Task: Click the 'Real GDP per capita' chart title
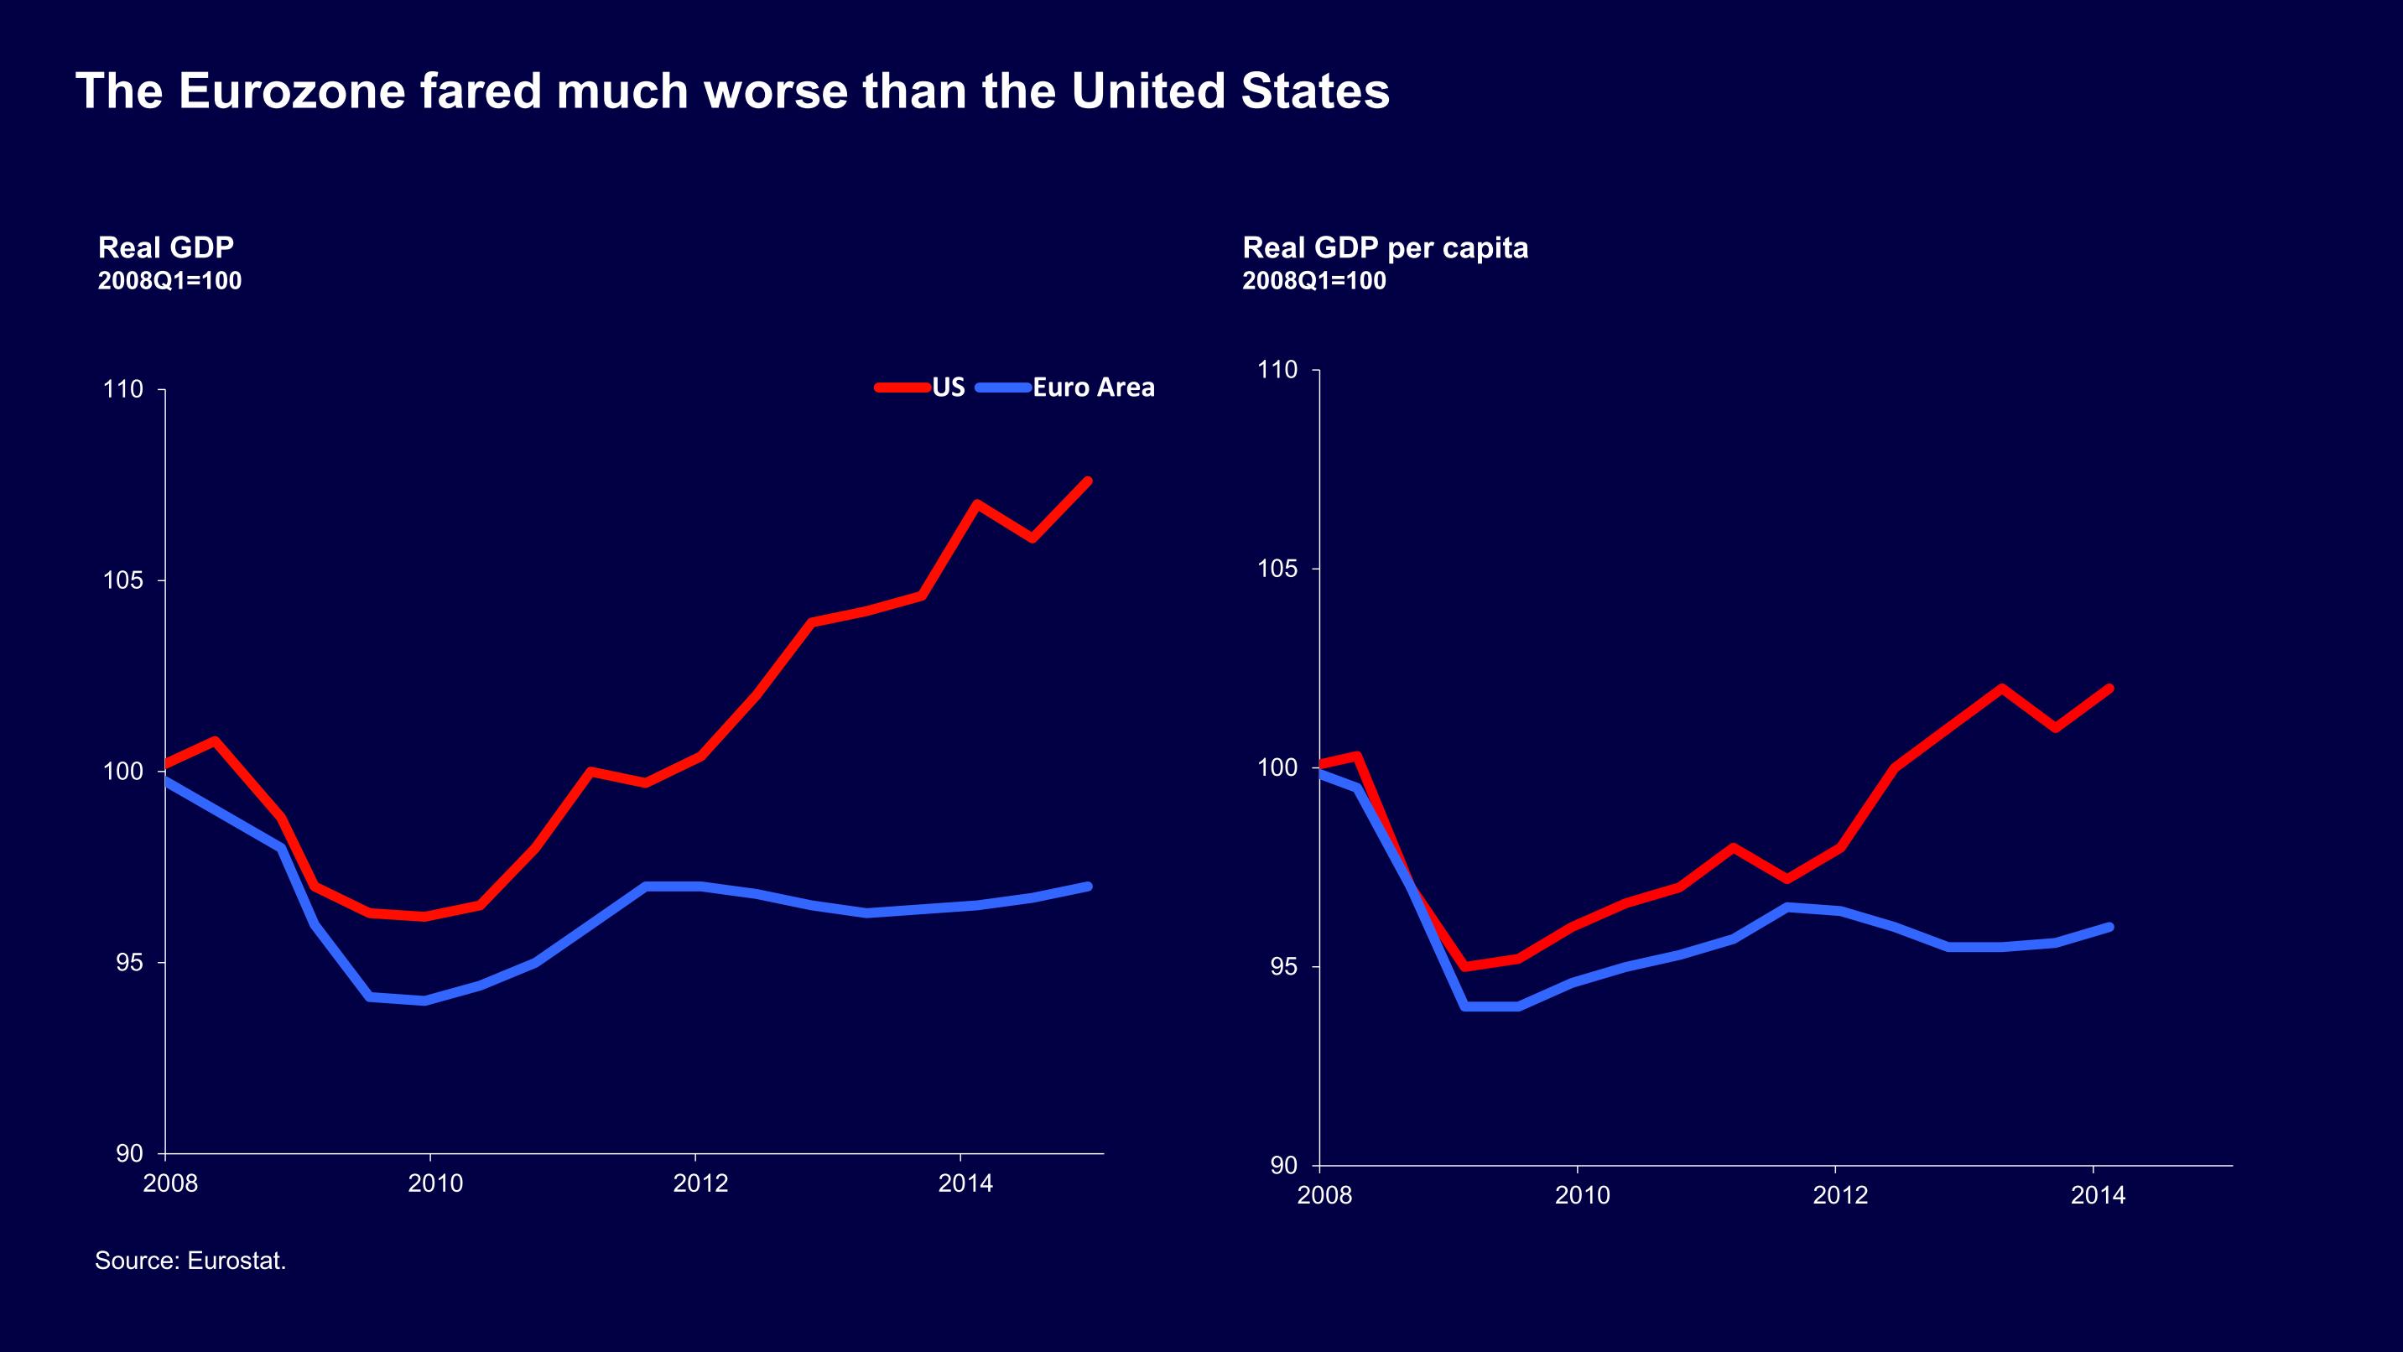(x=1386, y=248)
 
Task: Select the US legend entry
(x=948, y=387)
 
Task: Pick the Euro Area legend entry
(x=1093, y=387)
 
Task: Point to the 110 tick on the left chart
(x=123, y=390)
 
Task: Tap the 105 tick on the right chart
(x=1277, y=569)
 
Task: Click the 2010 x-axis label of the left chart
(x=434, y=1184)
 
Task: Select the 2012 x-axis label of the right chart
(x=1839, y=1196)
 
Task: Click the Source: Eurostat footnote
(x=190, y=1261)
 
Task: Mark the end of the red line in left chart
(x=1088, y=481)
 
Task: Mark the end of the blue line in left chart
(x=1088, y=887)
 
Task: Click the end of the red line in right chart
(x=2109, y=689)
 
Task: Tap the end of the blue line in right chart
(x=2109, y=927)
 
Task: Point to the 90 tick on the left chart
(x=130, y=1154)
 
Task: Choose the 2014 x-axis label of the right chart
(x=2098, y=1196)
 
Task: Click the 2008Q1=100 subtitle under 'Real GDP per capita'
(x=1313, y=281)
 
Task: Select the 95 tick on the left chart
(x=130, y=963)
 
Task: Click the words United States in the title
(x=1230, y=91)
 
